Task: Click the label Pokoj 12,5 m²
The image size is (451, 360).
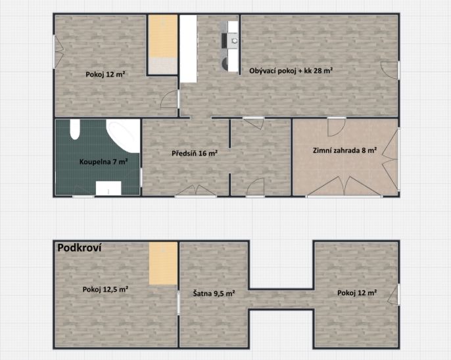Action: pos(105,289)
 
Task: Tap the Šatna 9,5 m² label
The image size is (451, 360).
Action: pos(214,294)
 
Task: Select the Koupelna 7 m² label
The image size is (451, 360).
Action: pos(104,162)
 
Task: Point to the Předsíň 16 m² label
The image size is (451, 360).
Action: pos(195,153)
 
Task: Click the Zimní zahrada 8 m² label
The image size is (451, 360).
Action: pos(345,150)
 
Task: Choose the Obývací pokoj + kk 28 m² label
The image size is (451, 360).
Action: pos(291,71)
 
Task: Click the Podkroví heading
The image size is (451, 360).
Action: pos(80,248)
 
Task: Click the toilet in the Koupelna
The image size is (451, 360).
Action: pos(75,129)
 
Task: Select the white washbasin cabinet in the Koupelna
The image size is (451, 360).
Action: pos(108,188)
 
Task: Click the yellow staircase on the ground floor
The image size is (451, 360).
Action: pos(163,45)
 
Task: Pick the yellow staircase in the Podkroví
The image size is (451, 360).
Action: pos(163,263)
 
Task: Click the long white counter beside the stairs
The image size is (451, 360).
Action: pos(189,49)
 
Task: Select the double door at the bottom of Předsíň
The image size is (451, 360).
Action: pos(196,191)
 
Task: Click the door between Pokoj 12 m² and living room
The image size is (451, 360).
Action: pos(170,99)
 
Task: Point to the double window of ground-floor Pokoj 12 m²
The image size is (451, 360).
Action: pos(59,52)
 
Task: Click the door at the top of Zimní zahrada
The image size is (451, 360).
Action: pos(337,127)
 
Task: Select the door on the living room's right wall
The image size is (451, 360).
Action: pos(391,70)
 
